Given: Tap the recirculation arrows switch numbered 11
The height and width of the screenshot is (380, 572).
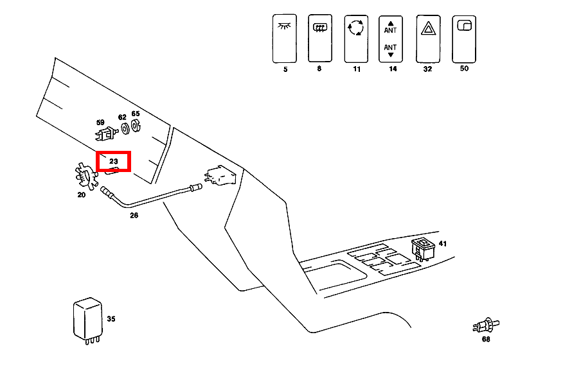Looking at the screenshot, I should click(x=355, y=39).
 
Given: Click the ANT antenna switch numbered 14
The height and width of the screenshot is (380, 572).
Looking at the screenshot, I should click(x=391, y=39).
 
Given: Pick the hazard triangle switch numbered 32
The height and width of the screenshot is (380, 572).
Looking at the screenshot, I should click(x=427, y=38).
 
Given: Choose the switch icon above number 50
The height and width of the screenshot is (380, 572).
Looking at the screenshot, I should click(x=463, y=38).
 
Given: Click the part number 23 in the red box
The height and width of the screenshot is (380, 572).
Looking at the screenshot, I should click(x=113, y=161).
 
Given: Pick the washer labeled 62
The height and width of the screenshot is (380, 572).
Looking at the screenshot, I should click(x=123, y=129).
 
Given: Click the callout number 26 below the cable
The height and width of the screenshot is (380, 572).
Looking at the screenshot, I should click(x=134, y=215).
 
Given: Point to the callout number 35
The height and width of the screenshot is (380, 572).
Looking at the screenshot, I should click(x=111, y=318).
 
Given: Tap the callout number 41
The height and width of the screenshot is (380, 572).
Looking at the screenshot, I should click(x=442, y=244).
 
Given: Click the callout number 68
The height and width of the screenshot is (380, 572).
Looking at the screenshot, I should click(x=486, y=340).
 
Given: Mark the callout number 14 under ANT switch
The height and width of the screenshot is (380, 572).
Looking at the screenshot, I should click(x=392, y=68).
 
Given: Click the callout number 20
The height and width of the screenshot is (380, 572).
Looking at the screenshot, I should click(x=82, y=194).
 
